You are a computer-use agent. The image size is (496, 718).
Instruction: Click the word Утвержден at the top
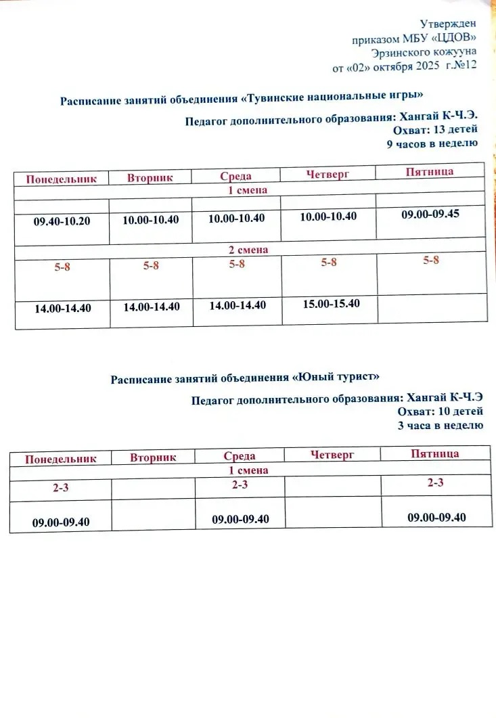[449, 24]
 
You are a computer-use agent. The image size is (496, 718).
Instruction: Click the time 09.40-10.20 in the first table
[62, 221]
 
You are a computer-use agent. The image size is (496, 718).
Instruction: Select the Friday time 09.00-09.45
[430, 214]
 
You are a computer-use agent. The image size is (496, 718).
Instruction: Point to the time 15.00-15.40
[332, 303]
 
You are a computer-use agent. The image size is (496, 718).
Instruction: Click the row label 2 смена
[248, 250]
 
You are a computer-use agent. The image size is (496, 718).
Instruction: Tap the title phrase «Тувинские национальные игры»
[336, 98]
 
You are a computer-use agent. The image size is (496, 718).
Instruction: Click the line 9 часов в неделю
[432, 143]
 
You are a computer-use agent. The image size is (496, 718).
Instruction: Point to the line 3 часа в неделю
[441, 425]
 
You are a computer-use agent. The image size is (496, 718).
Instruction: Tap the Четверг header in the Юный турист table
[332, 455]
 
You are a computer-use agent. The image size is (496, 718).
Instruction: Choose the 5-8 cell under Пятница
[431, 260]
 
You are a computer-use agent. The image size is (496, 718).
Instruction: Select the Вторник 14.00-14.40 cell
[152, 307]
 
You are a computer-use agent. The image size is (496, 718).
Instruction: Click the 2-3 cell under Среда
[240, 485]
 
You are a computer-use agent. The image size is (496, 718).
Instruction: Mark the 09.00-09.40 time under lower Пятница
[436, 517]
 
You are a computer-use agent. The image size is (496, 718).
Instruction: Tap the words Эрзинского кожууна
[424, 52]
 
